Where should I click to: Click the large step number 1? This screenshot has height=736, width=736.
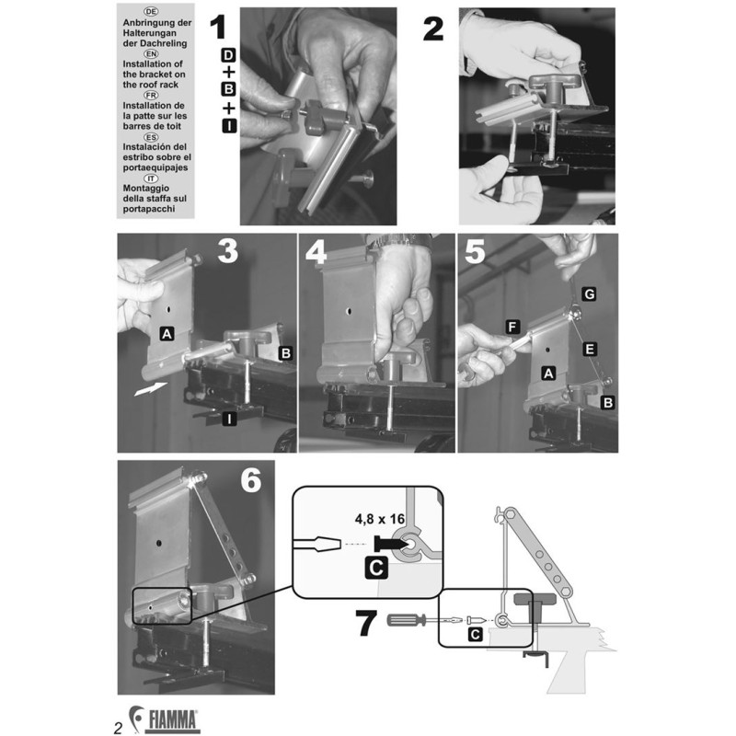218,28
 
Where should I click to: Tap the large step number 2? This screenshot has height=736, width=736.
433,29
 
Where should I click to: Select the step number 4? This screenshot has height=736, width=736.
316,253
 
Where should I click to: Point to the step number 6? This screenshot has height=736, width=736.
250,480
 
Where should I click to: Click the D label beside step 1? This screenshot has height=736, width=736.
228,56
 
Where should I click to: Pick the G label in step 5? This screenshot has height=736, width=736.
589,293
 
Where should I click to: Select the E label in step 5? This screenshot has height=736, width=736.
589,349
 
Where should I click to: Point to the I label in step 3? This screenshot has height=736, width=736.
228,420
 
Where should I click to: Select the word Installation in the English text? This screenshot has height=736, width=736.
154,63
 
